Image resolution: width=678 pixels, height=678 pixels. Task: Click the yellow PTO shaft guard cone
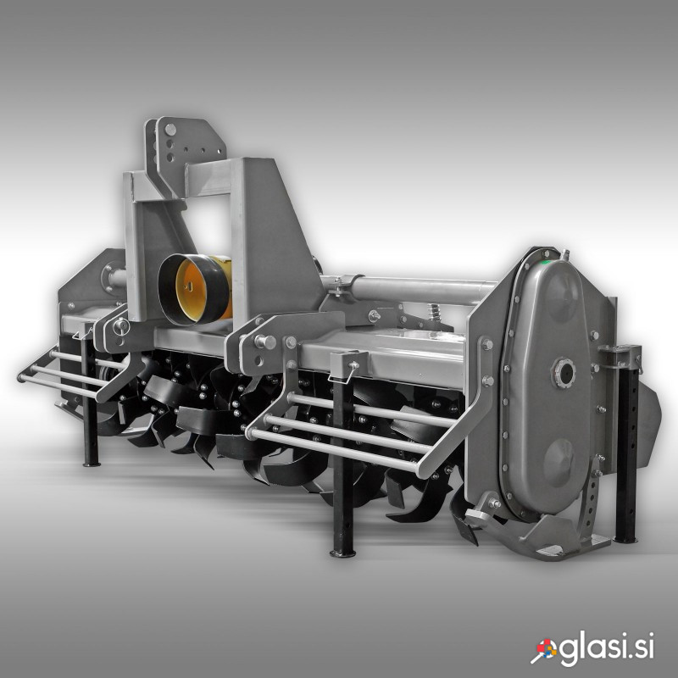[x=195, y=289]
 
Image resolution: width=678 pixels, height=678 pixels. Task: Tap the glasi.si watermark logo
[x=592, y=647]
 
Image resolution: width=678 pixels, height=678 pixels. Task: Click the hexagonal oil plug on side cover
[x=563, y=373]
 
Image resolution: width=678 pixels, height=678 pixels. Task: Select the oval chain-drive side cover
[x=546, y=386]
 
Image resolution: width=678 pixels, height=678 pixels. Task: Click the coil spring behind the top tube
[x=434, y=312]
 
